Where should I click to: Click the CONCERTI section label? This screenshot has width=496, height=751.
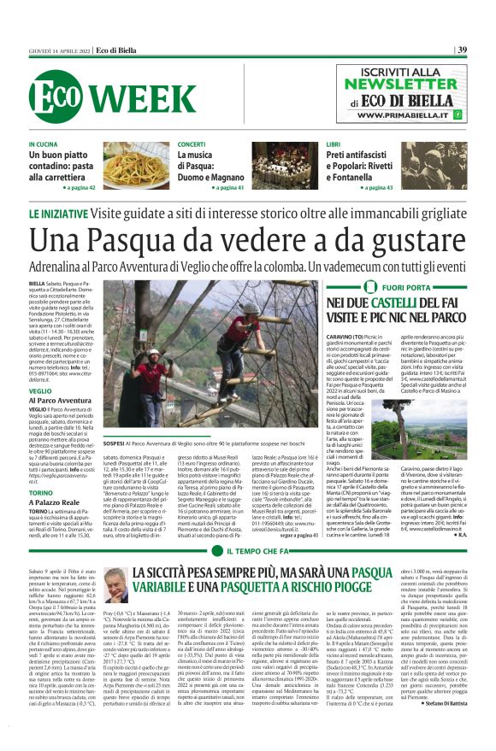[x=192, y=145]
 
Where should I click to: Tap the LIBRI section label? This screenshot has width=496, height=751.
[x=333, y=145]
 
